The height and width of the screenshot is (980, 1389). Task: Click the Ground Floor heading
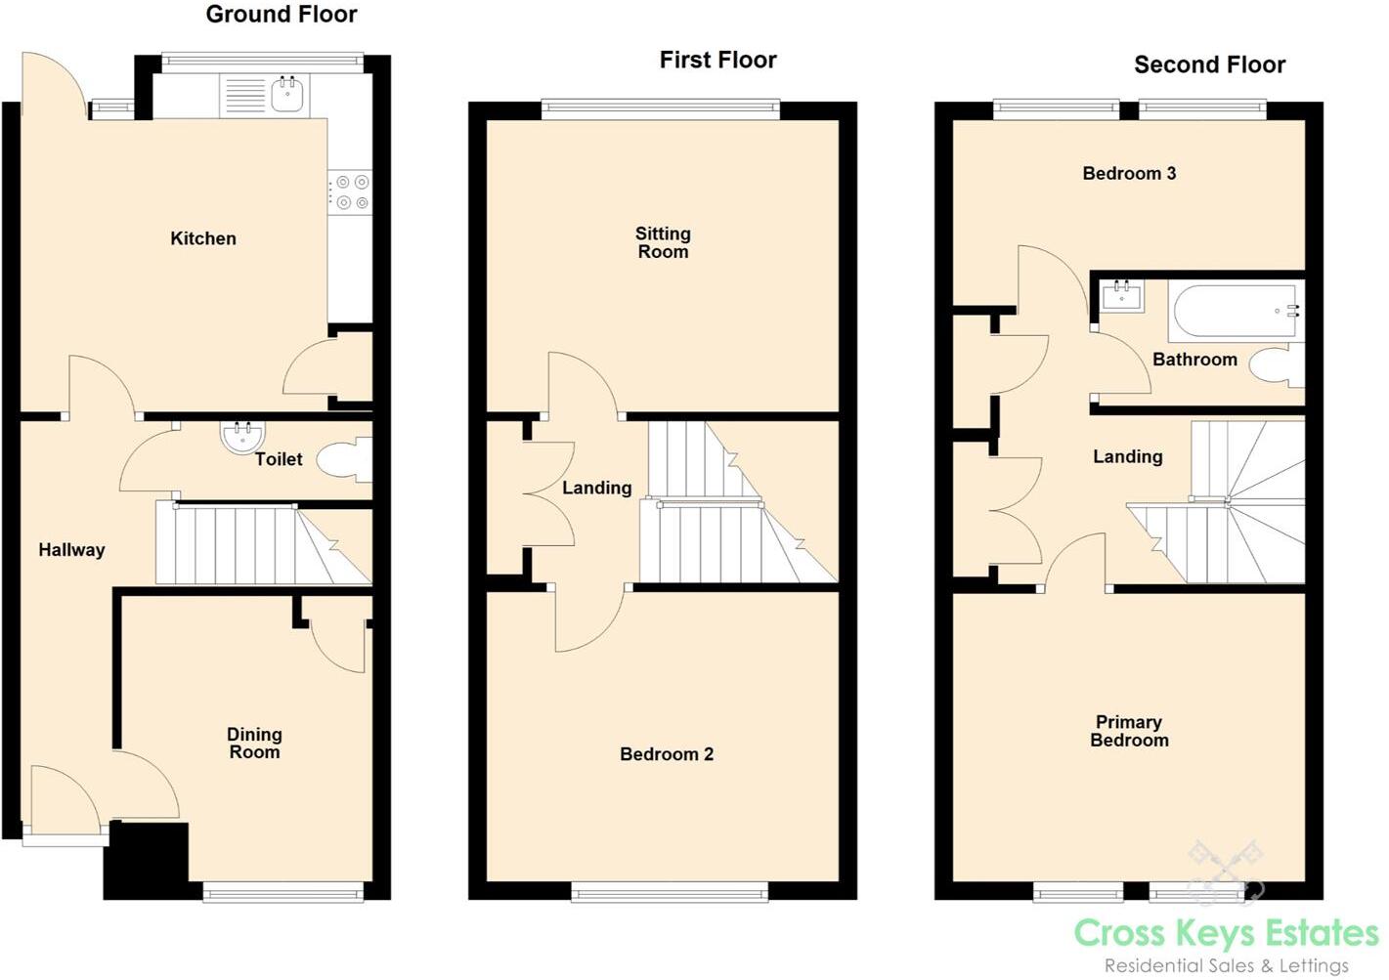click(x=281, y=15)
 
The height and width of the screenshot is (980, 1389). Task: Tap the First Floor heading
click(x=717, y=60)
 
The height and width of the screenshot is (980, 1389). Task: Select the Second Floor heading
click(x=1209, y=64)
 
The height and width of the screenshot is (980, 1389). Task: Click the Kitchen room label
click(x=203, y=238)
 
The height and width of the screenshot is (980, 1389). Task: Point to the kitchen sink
click(x=286, y=95)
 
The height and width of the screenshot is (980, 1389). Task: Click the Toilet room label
click(x=279, y=459)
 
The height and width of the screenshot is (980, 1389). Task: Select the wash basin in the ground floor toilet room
click(x=242, y=437)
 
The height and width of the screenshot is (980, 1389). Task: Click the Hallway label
click(x=71, y=550)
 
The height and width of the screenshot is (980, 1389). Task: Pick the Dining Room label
click(x=254, y=743)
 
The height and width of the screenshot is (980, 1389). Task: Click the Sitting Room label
click(x=663, y=242)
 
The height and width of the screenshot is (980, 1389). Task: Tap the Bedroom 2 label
click(x=667, y=754)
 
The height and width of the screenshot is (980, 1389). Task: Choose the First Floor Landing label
click(x=596, y=488)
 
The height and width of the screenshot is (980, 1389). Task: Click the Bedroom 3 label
click(x=1129, y=173)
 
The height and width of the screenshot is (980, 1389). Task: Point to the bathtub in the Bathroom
click(x=1235, y=311)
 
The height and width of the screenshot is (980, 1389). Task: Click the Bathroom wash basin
click(x=1121, y=294)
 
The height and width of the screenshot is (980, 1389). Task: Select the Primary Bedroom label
click(x=1129, y=731)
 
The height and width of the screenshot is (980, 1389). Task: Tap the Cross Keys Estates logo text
click(x=1226, y=933)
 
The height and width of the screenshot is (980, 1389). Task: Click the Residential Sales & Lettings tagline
click(x=1226, y=965)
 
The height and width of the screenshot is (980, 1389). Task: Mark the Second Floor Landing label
click(x=1127, y=456)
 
